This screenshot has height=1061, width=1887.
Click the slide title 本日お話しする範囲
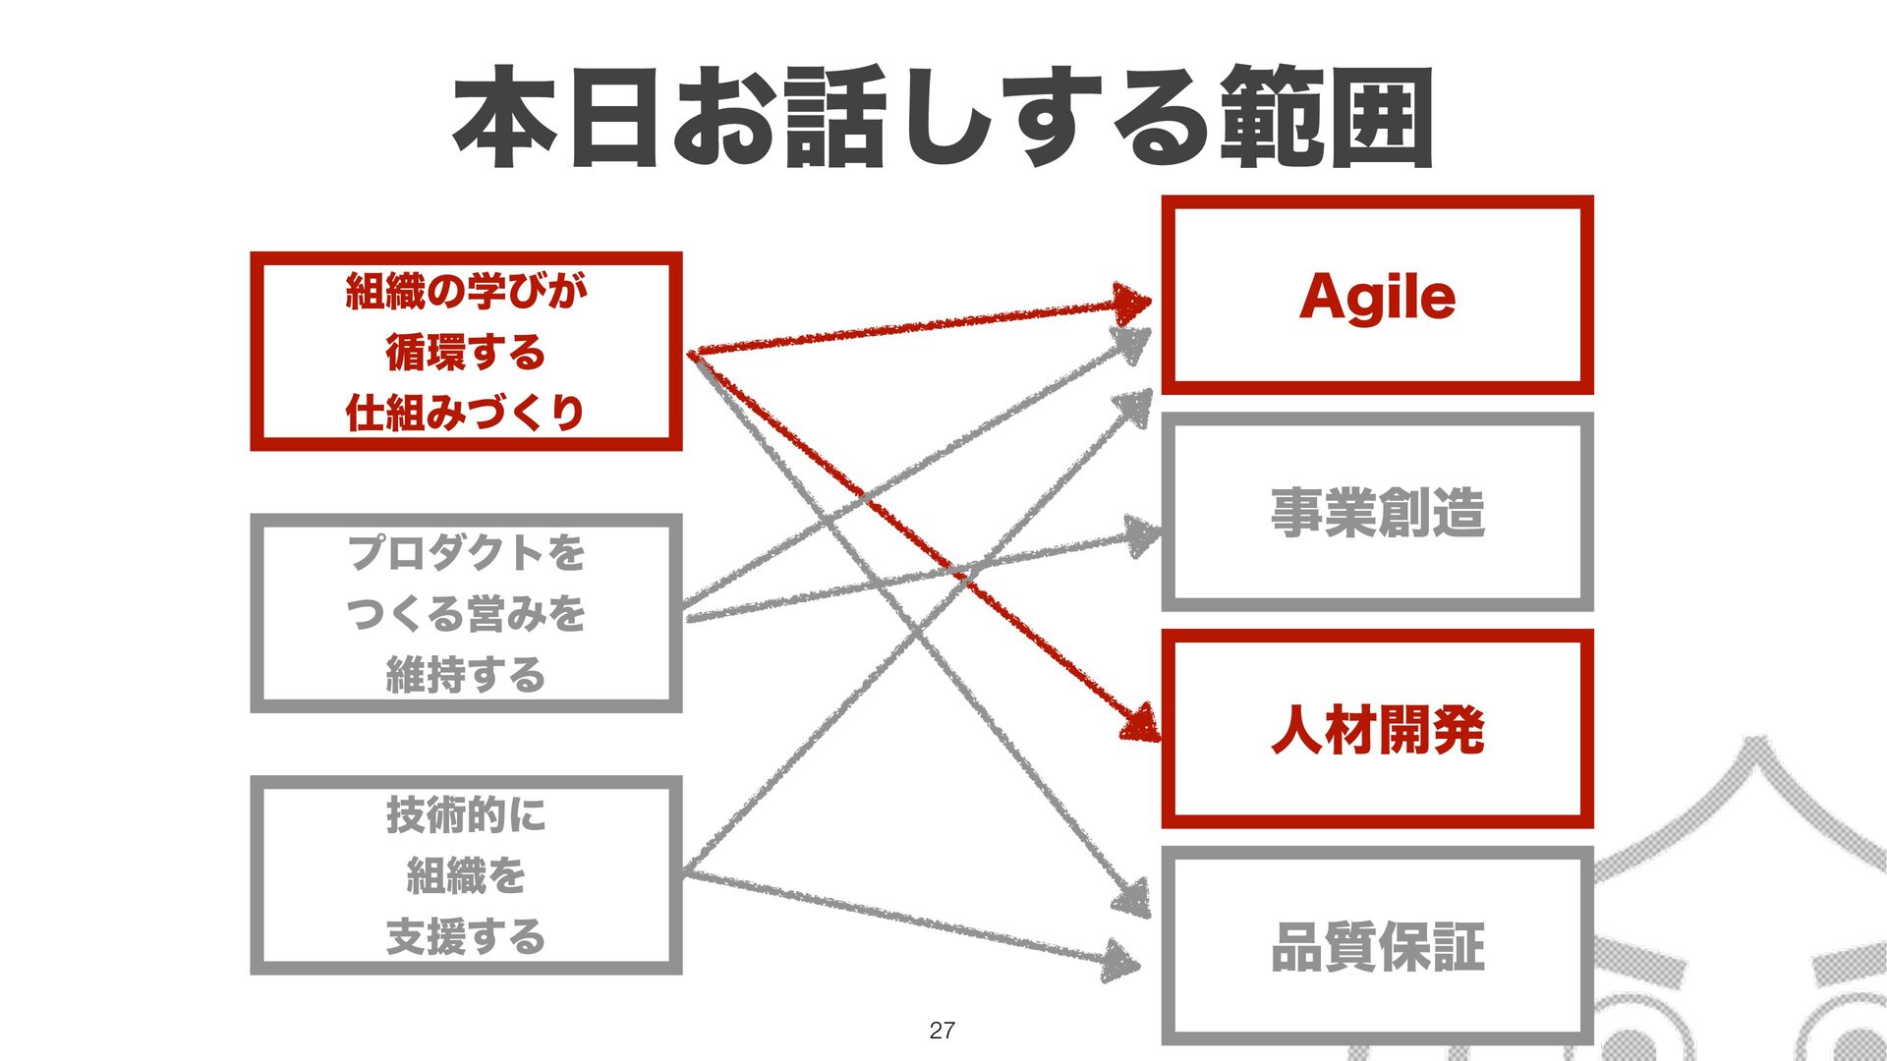click(x=942, y=118)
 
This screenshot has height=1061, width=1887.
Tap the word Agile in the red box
click(x=1377, y=297)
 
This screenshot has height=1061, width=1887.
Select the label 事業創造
click(x=1377, y=513)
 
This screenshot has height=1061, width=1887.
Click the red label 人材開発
click(x=1377, y=730)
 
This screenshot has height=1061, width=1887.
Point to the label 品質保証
click(x=1377, y=947)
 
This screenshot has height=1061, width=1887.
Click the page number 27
click(x=942, y=1030)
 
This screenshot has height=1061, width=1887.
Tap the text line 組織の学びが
click(x=466, y=292)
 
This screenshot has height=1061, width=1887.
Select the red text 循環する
click(x=466, y=353)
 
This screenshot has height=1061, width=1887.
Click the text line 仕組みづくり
click(x=466, y=413)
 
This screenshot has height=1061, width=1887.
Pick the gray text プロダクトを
click(x=466, y=553)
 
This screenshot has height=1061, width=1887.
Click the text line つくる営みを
click(x=466, y=614)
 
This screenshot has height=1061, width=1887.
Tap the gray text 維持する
click(x=466, y=675)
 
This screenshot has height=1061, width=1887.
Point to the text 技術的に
click(x=466, y=815)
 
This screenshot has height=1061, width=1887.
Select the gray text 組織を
click(x=466, y=875)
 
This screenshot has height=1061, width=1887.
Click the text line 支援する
click(x=466, y=936)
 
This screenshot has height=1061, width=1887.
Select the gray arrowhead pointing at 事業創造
click(x=1142, y=536)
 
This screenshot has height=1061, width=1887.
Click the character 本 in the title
click(x=504, y=118)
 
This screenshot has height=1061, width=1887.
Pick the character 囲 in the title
click(x=1381, y=118)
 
